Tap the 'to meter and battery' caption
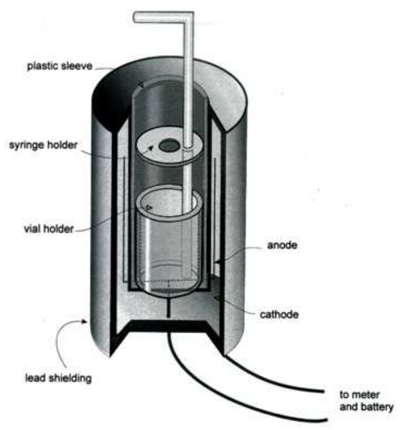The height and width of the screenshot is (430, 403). point(366,400)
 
